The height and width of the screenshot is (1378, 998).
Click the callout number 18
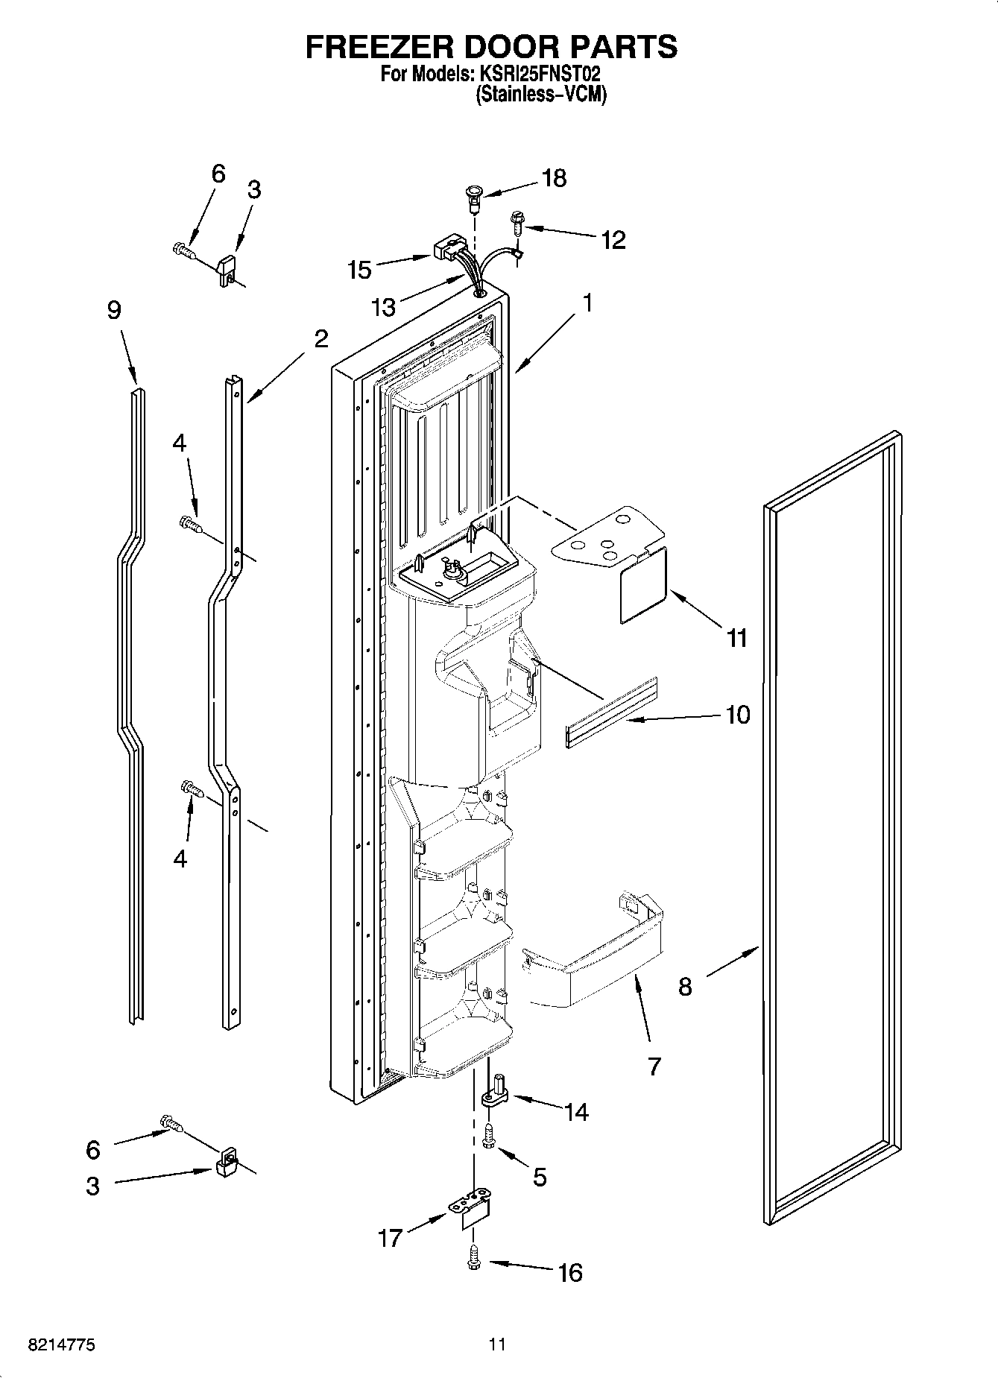click(x=555, y=178)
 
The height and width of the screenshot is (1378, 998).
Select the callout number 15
click(x=359, y=270)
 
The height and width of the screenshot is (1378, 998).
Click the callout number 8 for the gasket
click(x=685, y=987)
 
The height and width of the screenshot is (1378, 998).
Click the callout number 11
click(x=736, y=638)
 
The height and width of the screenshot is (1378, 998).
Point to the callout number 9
click(x=113, y=310)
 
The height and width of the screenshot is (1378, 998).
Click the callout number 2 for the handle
click(x=320, y=339)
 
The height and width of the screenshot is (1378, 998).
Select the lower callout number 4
click(x=180, y=859)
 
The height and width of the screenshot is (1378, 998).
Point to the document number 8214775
click(x=61, y=1344)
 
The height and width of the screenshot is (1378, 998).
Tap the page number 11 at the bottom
click(x=497, y=1344)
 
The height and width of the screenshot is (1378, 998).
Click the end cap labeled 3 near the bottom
click(x=226, y=1163)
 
